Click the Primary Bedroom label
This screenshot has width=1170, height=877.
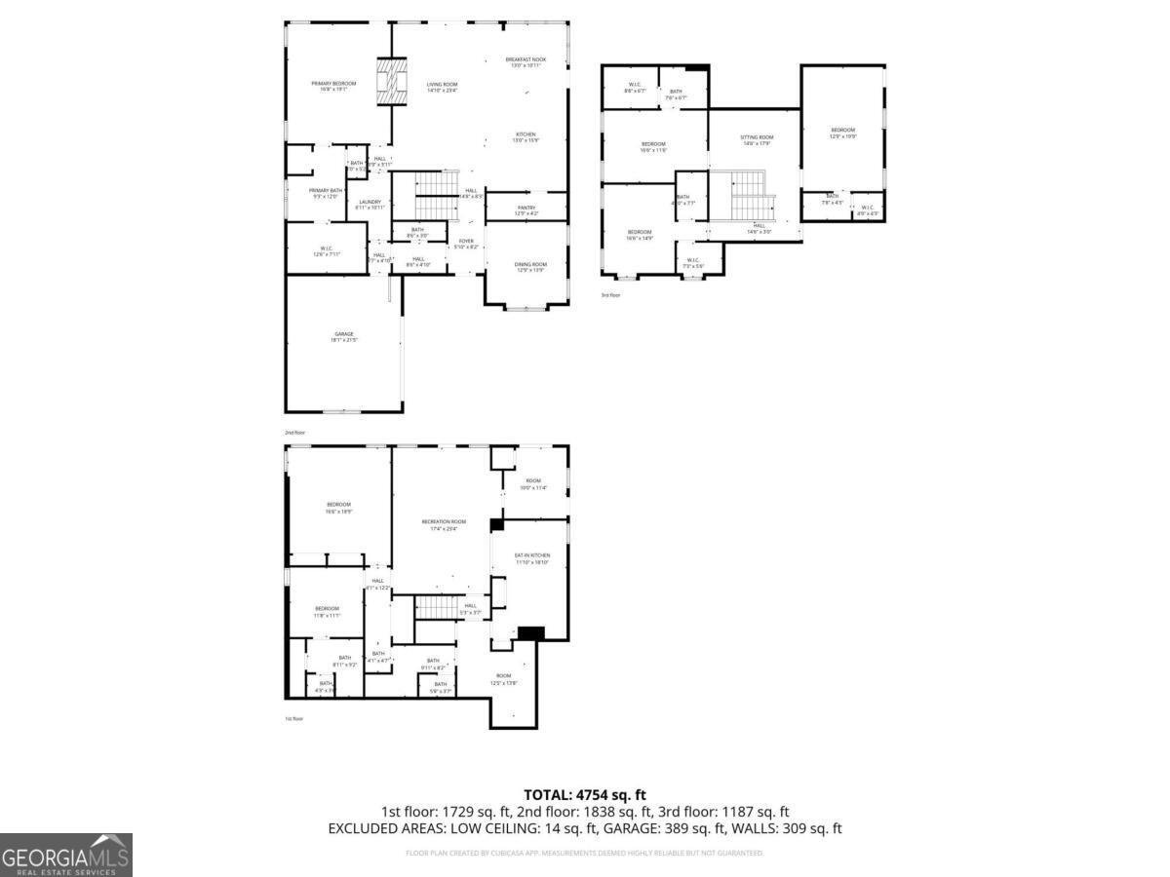[x=333, y=87]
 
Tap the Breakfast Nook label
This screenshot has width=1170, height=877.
[x=526, y=62]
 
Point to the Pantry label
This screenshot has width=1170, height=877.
[x=526, y=210]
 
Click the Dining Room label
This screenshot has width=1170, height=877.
[x=530, y=267]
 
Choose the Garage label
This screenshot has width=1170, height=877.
[x=344, y=337]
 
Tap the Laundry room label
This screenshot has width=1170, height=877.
[x=370, y=205]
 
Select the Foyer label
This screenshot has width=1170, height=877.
[x=466, y=244]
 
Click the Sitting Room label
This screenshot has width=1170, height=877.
[x=757, y=140]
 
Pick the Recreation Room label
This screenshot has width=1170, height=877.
[x=444, y=524]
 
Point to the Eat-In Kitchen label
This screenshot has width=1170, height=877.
[x=532, y=558]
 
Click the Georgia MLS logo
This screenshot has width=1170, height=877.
[x=65, y=856]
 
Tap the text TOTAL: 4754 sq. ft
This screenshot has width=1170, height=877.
[x=585, y=795]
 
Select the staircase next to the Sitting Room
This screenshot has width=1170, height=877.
[x=748, y=195]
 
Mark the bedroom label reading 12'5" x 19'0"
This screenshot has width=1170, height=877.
[x=842, y=133]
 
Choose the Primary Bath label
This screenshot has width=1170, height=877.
[x=325, y=193]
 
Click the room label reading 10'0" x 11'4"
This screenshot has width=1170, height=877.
[x=532, y=483]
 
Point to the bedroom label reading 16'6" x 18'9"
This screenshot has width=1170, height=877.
[x=338, y=507]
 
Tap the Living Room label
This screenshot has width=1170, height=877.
[x=442, y=87]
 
